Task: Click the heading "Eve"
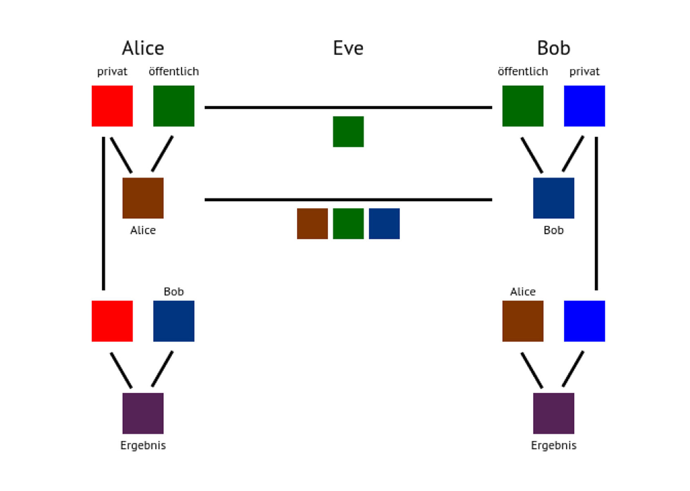point(348,48)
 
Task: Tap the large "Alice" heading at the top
point(143,48)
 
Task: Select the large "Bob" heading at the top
point(554,48)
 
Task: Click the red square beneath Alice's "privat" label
point(112,106)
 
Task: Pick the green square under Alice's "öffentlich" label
point(174,106)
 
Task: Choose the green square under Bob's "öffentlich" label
point(523,106)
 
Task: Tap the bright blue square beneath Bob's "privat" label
point(584,106)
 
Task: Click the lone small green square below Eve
point(348,132)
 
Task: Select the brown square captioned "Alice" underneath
point(143,198)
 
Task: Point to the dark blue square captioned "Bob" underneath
point(554,198)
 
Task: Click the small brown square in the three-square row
point(312,224)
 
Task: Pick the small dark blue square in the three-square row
point(384,224)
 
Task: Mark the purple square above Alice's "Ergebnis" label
point(143,413)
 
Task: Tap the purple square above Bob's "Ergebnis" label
point(554,413)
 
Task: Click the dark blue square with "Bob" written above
point(174,321)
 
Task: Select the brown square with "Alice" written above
point(523,321)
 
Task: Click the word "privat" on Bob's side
point(584,72)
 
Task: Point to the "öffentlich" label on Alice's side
point(174,71)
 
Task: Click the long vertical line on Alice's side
point(104,214)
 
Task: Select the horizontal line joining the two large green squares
point(348,107)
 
